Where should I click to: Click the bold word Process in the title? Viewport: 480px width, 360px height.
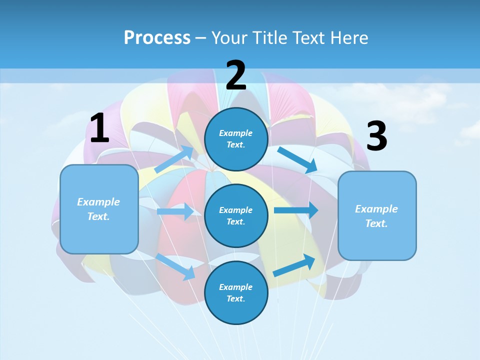point(157,37)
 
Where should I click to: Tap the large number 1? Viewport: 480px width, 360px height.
point(99,128)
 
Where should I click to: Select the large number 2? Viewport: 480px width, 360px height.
point(236,75)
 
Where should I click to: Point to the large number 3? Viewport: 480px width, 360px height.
point(376,136)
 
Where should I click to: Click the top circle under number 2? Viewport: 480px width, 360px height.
point(236,139)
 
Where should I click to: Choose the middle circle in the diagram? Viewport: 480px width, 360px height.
point(236,215)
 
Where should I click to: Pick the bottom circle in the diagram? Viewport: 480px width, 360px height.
point(236,292)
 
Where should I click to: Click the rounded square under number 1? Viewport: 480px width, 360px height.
point(99,209)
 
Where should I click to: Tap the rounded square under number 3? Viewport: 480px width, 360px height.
point(377,216)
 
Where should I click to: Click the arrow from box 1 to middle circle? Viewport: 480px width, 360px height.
point(175,211)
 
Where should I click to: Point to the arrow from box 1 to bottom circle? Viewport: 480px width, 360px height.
point(175,266)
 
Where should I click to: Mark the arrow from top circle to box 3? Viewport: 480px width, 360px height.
point(297,160)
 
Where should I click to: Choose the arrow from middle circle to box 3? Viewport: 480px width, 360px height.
point(295,210)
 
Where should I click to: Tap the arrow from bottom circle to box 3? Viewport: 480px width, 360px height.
point(294,265)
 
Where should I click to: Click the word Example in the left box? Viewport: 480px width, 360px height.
point(98,202)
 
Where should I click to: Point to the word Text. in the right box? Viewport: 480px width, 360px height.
point(376,223)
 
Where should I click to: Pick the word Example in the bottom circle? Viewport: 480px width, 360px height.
point(236,287)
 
